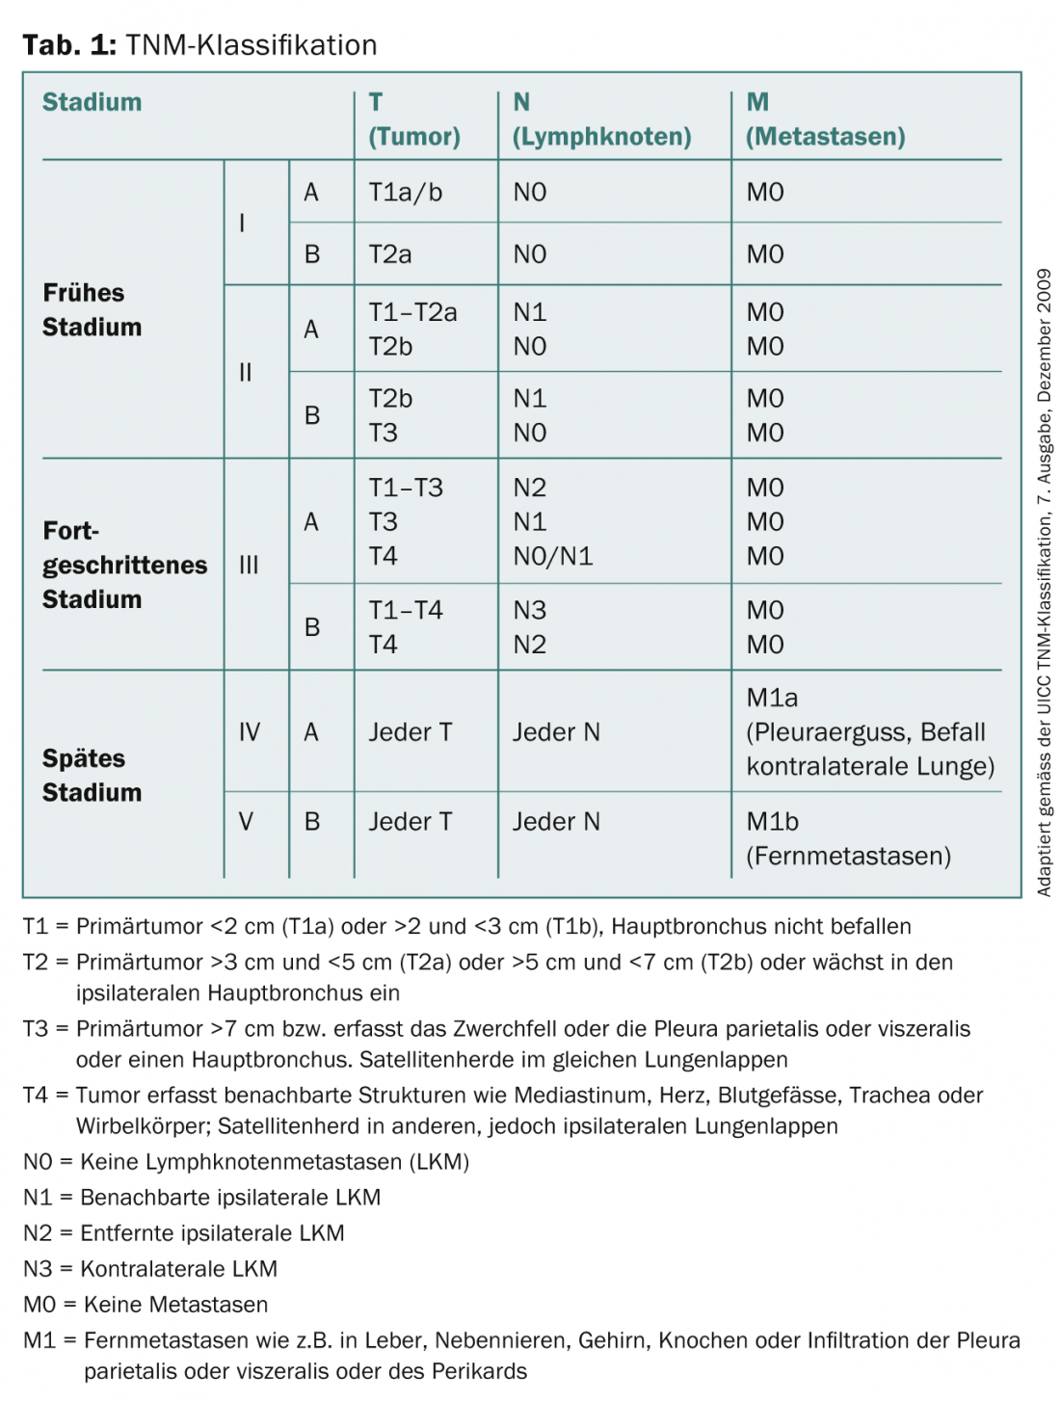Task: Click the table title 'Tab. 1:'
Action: (x=68, y=45)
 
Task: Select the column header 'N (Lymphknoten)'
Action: (x=601, y=119)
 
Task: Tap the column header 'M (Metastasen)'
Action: (x=825, y=119)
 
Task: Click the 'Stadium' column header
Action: (x=92, y=102)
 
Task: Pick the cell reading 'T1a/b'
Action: (x=405, y=193)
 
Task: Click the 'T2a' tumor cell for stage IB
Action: (x=390, y=254)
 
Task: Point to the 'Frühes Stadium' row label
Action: (x=92, y=310)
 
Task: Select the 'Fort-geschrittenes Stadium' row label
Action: (x=124, y=565)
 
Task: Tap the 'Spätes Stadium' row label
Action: (x=92, y=775)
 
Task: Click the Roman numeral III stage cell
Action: (x=249, y=566)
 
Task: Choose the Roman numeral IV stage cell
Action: (x=249, y=732)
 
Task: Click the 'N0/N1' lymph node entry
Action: (x=552, y=556)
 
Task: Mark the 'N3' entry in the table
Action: (x=529, y=610)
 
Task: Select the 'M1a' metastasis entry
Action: (x=772, y=698)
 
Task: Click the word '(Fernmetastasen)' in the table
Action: (x=848, y=856)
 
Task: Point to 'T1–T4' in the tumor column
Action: (x=406, y=610)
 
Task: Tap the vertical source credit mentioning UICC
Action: (x=1044, y=582)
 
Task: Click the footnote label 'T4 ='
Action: (x=45, y=1096)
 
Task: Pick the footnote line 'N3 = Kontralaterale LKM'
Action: (x=150, y=1269)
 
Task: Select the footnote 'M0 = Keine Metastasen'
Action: (x=146, y=1305)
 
